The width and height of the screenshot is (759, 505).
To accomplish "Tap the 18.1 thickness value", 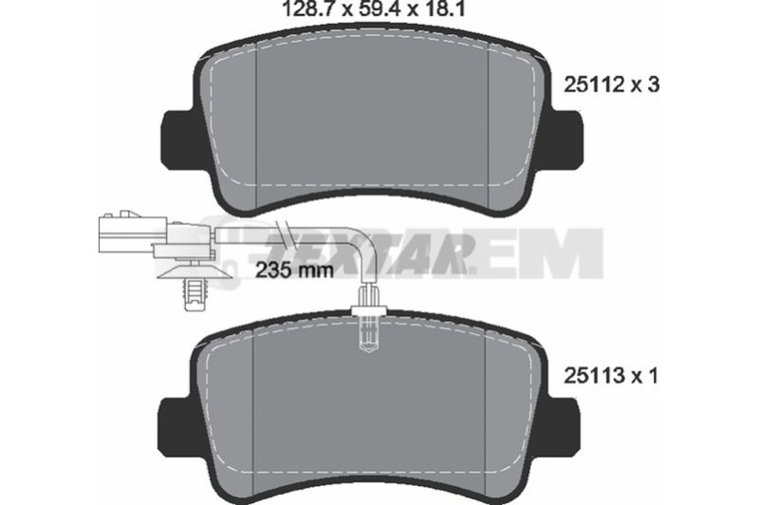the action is tap(444, 9).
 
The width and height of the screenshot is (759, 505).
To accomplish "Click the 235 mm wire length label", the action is tap(294, 271).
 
